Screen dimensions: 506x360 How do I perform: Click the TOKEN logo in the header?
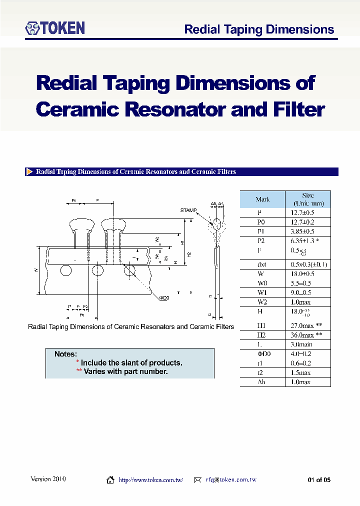pyautogui.click(x=55, y=28)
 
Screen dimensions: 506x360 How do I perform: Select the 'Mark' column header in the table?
pyautogui.click(x=262, y=199)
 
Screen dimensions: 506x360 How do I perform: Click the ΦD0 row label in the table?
pyautogui.click(x=262, y=353)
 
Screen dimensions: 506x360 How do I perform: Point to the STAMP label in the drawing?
pyautogui.click(x=188, y=210)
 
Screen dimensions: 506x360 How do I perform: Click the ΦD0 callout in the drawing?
pyautogui.click(x=164, y=298)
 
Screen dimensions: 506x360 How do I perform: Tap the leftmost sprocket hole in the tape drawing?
pyautogui.click(x=65, y=271)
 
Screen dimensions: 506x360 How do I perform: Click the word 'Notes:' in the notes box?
pyautogui.click(x=65, y=354)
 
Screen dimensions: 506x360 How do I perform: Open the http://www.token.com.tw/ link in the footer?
pyautogui.click(x=150, y=480)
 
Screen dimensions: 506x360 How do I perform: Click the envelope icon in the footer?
pyautogui.click(x=197, y=480)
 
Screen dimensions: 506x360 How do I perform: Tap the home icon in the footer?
pyautogui.click(x=110, y=480)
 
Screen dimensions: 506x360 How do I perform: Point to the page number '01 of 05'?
pyautogui.click(x=319, y=480)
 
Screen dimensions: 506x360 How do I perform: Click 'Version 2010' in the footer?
pyautogui.click(x=48, y=479)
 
